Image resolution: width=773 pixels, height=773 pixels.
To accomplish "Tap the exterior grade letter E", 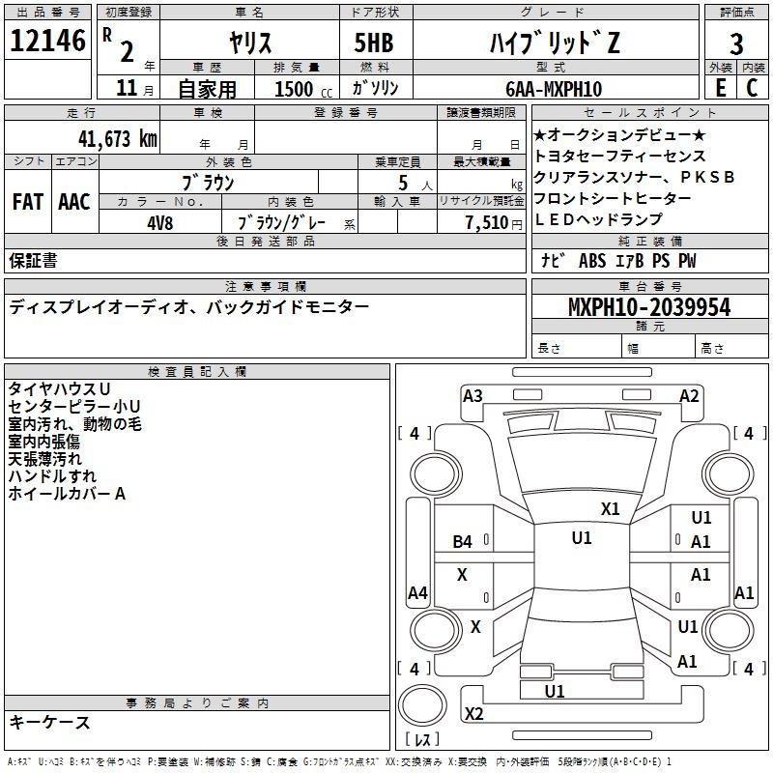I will click(720, 88).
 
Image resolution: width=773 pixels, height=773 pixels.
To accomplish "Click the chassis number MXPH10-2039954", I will click(649, 308).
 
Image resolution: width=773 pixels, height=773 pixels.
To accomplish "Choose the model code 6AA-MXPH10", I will click(554, 89).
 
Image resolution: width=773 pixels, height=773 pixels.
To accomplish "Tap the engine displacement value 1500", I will click(294, 89).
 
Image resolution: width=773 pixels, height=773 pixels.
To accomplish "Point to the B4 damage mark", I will click(463, 542).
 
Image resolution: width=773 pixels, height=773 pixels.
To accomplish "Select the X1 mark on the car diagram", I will click(611, 508).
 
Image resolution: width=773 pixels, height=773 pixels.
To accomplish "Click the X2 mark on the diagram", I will click(473, 714).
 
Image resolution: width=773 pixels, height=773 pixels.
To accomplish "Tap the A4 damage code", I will click(417, 593).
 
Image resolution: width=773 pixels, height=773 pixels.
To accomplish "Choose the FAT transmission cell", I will click(28, 202).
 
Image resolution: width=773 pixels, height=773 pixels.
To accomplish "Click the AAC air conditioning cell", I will click(74, 202).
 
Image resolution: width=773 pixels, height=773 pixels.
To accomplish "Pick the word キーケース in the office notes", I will click(49, 723).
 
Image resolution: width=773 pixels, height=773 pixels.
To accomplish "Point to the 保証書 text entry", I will click(33, 260).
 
